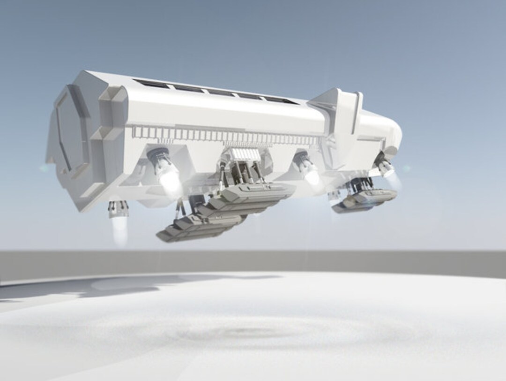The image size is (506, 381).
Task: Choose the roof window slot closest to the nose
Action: (x=281, y=100)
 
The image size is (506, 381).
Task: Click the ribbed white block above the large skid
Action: (x=244, y=155)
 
